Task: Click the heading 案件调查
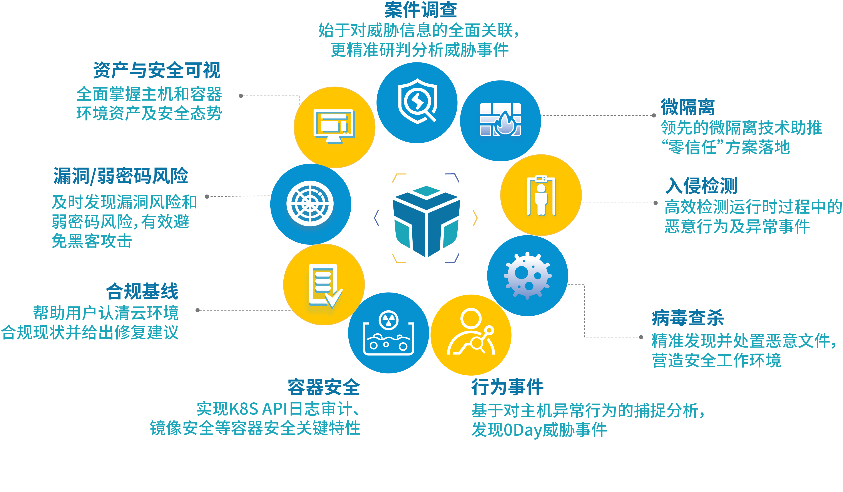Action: (x=420, y=10)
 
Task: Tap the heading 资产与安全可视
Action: (x=157, y=70)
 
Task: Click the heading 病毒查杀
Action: (x=687, y=318)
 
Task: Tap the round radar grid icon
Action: (x=310, y=204)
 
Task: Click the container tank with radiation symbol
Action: (x=388, y=333)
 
